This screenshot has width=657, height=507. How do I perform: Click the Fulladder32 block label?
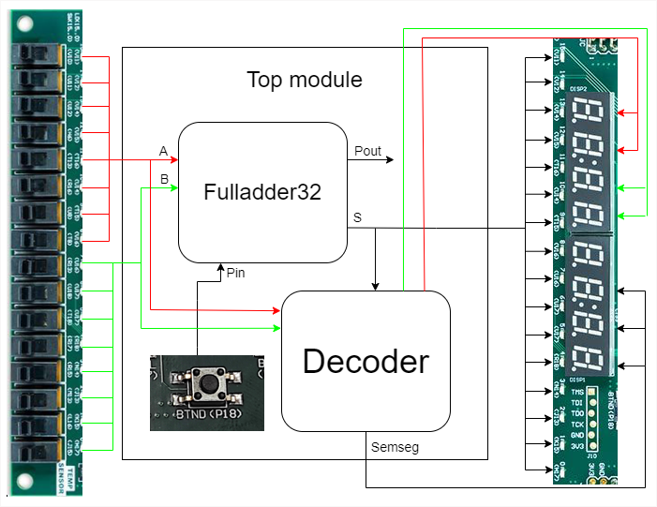click(262, 192)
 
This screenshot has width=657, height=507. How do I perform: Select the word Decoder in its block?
click(366, 361)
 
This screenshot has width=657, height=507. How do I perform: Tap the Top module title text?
click(305, 79)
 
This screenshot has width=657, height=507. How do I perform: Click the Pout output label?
click(367, 151)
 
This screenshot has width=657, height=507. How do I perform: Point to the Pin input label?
click(236, 273)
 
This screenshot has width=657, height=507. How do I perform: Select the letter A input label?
click(164, 151)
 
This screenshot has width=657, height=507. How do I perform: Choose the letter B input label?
click(164, 178)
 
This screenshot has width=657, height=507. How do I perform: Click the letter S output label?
click(357, 217)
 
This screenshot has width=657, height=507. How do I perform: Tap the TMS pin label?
click(577, 392)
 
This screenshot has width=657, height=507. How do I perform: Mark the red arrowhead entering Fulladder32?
click(173, 160)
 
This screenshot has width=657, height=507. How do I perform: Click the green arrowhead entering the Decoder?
click(276, 328)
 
